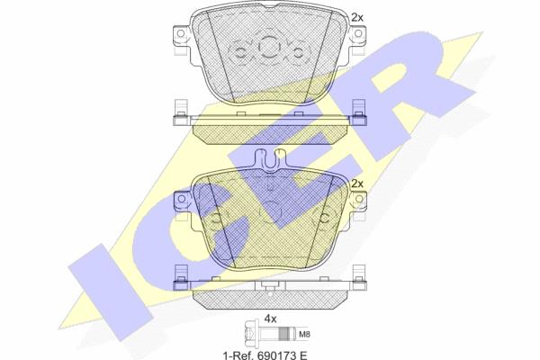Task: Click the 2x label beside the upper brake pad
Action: coord(357,17)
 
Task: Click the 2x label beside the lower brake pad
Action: coord(357,184)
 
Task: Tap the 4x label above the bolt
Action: coord(270,319)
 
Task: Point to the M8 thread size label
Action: coord(304,334)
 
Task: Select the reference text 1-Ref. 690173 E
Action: coord(265,355)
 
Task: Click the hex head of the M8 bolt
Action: coord(251,334)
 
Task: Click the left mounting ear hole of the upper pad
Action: coord(181,33)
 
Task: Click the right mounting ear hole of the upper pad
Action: coord(358,33)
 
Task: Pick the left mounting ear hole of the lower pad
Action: coord(181,199)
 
